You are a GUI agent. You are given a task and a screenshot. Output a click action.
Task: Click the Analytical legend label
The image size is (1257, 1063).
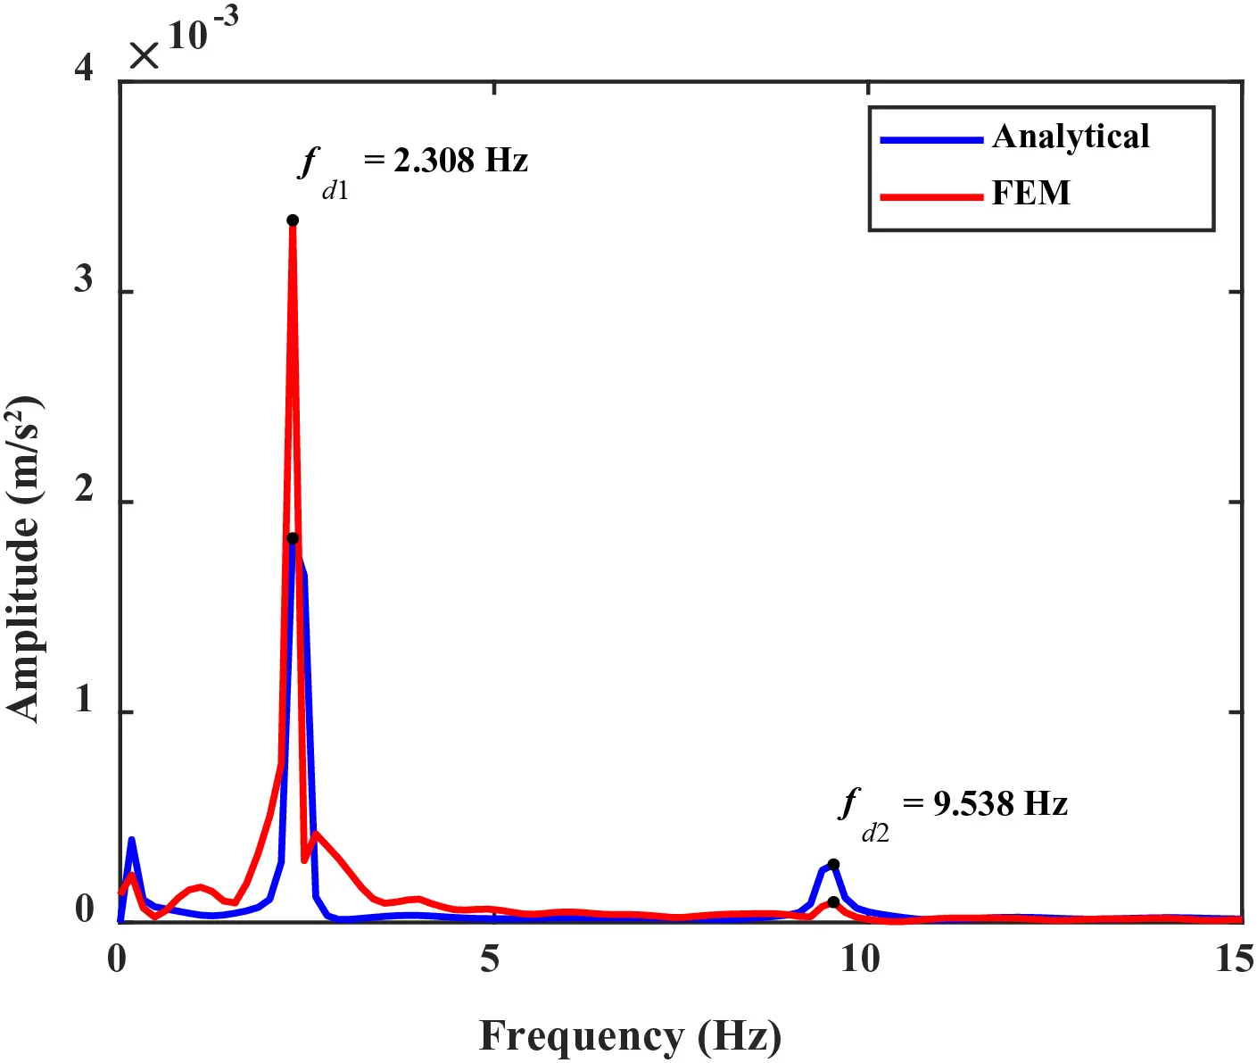[x=1070, y=137]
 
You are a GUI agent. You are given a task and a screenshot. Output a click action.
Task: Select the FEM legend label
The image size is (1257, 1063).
[x=1030, y=194]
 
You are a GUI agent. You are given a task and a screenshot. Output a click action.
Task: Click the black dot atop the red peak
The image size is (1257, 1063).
[x=293, y=220]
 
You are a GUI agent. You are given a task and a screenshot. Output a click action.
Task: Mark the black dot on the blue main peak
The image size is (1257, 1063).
[x=293, y=538]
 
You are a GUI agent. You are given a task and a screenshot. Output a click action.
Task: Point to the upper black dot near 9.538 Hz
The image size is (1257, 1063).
[x=833, y=864]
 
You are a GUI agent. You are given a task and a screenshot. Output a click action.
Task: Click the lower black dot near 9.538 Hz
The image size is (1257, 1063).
[x=833, y=902]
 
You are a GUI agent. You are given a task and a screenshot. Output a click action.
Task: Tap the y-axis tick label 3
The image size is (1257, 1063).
[x=84, y=280]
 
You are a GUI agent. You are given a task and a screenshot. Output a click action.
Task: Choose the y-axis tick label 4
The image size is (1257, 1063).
[x=84, y=69]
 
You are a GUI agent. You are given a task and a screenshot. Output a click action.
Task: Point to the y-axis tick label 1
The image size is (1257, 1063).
[x=84, y=701]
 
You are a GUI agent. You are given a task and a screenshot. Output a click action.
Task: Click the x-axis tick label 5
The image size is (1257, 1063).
[x=490, y=959]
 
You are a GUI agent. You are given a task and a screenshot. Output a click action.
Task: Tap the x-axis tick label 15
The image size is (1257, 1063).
[x=1234, y=959]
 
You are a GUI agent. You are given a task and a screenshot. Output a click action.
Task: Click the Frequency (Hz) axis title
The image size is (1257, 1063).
[x=630, y=1037]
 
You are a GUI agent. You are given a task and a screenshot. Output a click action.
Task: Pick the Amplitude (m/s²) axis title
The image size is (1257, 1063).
[x=25, y=558]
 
